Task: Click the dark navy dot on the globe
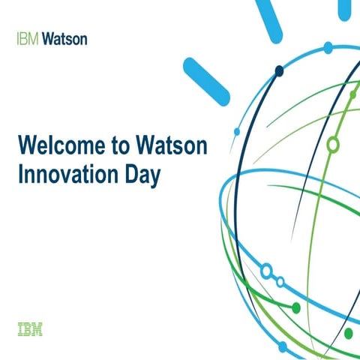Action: pos(279,71)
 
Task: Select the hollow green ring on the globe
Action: pos(333,144)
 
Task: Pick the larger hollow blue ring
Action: pos(265,269)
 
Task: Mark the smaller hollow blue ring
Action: pos(280,282)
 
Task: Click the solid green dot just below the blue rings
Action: pos(296,307)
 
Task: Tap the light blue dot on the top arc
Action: pos(328,47)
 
